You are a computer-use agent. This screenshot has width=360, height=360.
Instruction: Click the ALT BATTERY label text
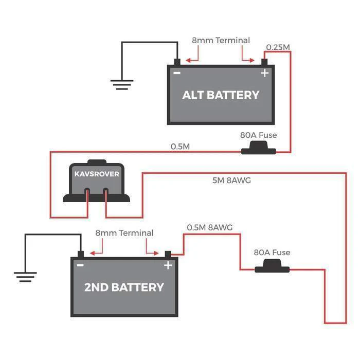221,95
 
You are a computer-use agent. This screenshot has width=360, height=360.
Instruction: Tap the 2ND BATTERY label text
124,287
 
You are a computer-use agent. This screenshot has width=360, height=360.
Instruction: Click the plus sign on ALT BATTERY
264,74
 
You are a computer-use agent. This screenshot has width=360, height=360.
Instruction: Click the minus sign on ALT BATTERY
177,73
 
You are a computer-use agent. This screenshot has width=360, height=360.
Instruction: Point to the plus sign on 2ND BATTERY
168,265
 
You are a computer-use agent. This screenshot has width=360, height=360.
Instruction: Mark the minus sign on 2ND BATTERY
80,265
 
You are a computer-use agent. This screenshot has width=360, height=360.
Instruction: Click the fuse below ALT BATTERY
259,150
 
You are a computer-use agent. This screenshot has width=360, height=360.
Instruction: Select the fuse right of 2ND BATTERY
273,267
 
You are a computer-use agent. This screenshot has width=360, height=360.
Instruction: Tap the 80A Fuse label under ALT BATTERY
258,136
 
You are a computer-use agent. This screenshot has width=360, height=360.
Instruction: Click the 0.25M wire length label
278,47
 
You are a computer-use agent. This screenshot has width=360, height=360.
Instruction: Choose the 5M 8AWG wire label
231,181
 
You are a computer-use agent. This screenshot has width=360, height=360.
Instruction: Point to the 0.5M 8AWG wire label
210,227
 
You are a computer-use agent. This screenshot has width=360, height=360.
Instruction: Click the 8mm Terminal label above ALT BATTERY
221,40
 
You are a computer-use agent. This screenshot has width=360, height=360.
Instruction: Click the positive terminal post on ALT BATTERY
264,62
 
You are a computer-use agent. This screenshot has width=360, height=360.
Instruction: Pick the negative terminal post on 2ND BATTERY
80,254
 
